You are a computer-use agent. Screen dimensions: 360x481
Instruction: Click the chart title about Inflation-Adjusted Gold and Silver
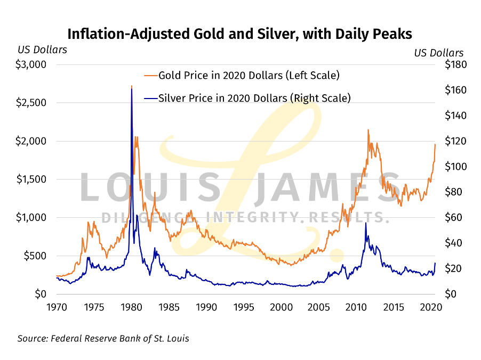(239, 34)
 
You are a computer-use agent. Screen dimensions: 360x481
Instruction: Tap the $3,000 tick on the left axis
(32, 64)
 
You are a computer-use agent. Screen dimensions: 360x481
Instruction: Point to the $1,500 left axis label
(32, 179)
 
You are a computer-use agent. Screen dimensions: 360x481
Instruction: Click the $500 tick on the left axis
(35, 256)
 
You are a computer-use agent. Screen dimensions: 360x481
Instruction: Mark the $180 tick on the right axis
(450, 64)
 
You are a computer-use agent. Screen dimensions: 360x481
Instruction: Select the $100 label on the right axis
(450, 167)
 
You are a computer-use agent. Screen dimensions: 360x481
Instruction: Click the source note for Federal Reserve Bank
(103, 338)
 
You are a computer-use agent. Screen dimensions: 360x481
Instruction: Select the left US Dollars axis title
(42, 50)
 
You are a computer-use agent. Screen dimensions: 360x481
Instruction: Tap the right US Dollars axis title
(439, 53)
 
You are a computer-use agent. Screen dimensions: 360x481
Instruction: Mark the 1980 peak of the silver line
(132, 89)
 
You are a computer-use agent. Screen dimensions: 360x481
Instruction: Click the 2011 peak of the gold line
(367, 130)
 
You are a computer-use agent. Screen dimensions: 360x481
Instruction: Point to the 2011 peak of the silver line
(365, 223)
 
